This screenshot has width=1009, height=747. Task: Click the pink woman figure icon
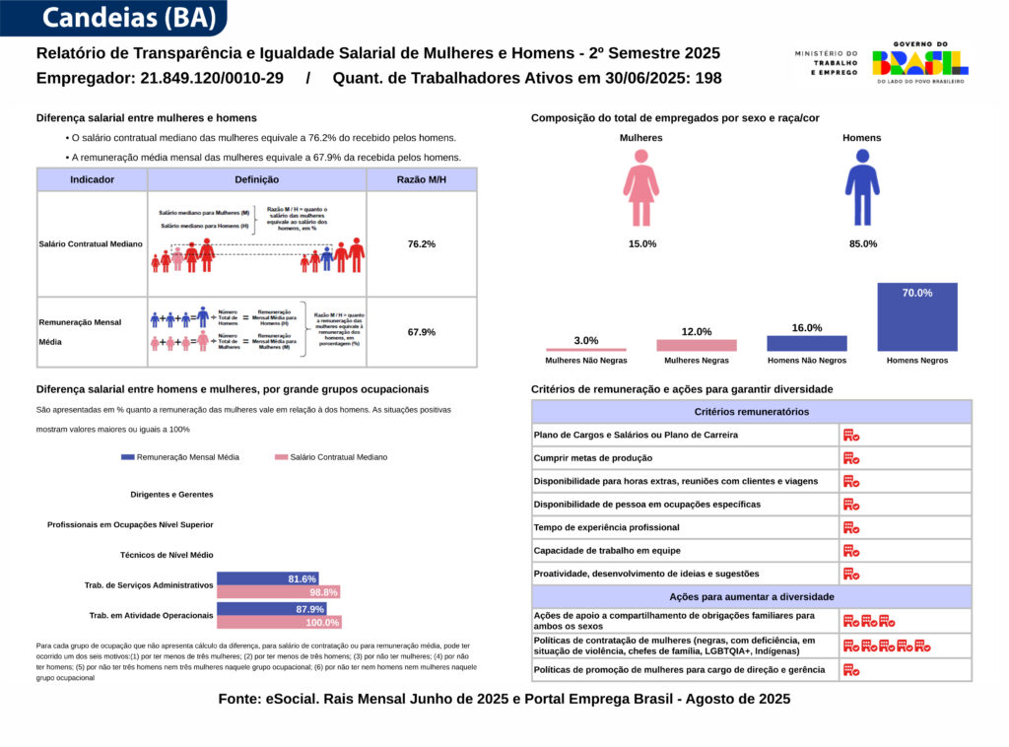[x=641, y=187]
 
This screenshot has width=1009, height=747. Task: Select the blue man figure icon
[x=862, y=187]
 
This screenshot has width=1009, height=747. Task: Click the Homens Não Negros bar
[x=806, y=343]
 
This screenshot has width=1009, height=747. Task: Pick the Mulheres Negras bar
[x=697, y=345]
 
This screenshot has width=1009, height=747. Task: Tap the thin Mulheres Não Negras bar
[x=586, y=349]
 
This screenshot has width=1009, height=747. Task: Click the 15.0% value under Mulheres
[x=641, y=243]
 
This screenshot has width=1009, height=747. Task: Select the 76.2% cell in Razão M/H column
[x=422, y=243]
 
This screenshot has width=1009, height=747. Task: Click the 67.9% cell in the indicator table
[x=422, y=332]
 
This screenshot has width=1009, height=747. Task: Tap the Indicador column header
[x=92, y=179]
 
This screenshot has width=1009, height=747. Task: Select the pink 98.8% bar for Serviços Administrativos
[x=279, y=592]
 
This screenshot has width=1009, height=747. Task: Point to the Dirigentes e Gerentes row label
[x=171, y=494]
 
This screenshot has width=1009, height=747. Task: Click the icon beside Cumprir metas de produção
[x=851, y=458]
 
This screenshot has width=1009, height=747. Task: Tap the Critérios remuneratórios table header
[x=752, y=411]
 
